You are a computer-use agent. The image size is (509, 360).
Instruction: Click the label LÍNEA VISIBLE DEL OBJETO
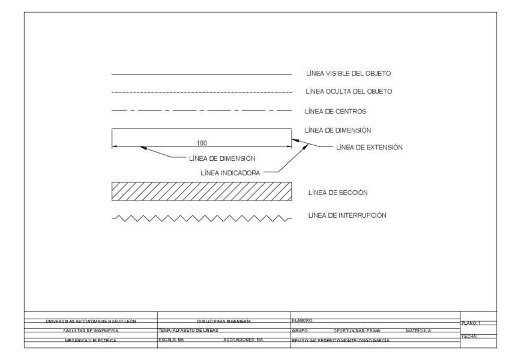[x=348, y=73]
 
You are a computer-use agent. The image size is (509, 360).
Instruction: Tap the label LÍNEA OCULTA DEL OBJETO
[x=349, y=92]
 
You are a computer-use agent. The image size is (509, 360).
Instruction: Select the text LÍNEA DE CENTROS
[x=336, y=111]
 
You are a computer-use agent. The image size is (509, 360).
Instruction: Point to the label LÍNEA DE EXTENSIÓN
[x=369, y=146]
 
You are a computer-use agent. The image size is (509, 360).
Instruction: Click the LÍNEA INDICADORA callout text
[x=230, y=172]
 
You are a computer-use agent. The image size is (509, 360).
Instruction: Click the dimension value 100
[x=202, y=143]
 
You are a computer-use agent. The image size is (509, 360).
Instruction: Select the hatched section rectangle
[x=202, y=191]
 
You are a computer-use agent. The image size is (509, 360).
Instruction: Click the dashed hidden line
[x=202, y=93]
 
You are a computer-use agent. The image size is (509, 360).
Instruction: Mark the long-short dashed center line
[x=202, y=112]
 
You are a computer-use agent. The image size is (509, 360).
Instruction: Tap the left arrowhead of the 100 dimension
[x=116, y=147]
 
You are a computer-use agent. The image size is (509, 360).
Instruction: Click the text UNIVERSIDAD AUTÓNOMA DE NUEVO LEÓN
[x=91, y=322]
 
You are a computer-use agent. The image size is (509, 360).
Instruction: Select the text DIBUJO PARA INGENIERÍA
[x=224, y=322]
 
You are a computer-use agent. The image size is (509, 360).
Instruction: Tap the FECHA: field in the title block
[x=468, y=337]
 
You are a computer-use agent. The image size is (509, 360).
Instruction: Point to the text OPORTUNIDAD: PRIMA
[x=357, y=331]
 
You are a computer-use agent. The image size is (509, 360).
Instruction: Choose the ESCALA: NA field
[x=171, y=340]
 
